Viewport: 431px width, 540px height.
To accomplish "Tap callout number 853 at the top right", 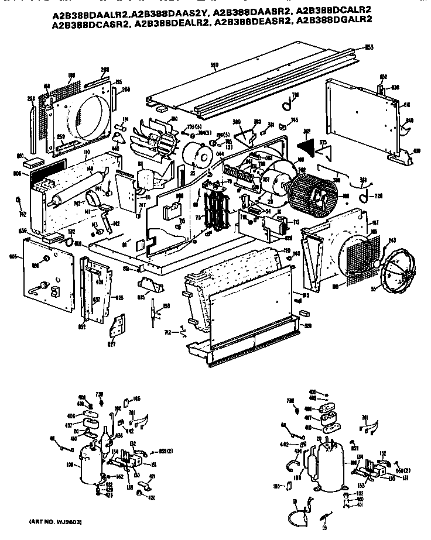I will click(369, 46).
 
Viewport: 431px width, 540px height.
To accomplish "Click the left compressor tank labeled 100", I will click(87, 463).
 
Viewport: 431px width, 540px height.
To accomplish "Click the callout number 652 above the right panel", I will click(384, 77).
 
